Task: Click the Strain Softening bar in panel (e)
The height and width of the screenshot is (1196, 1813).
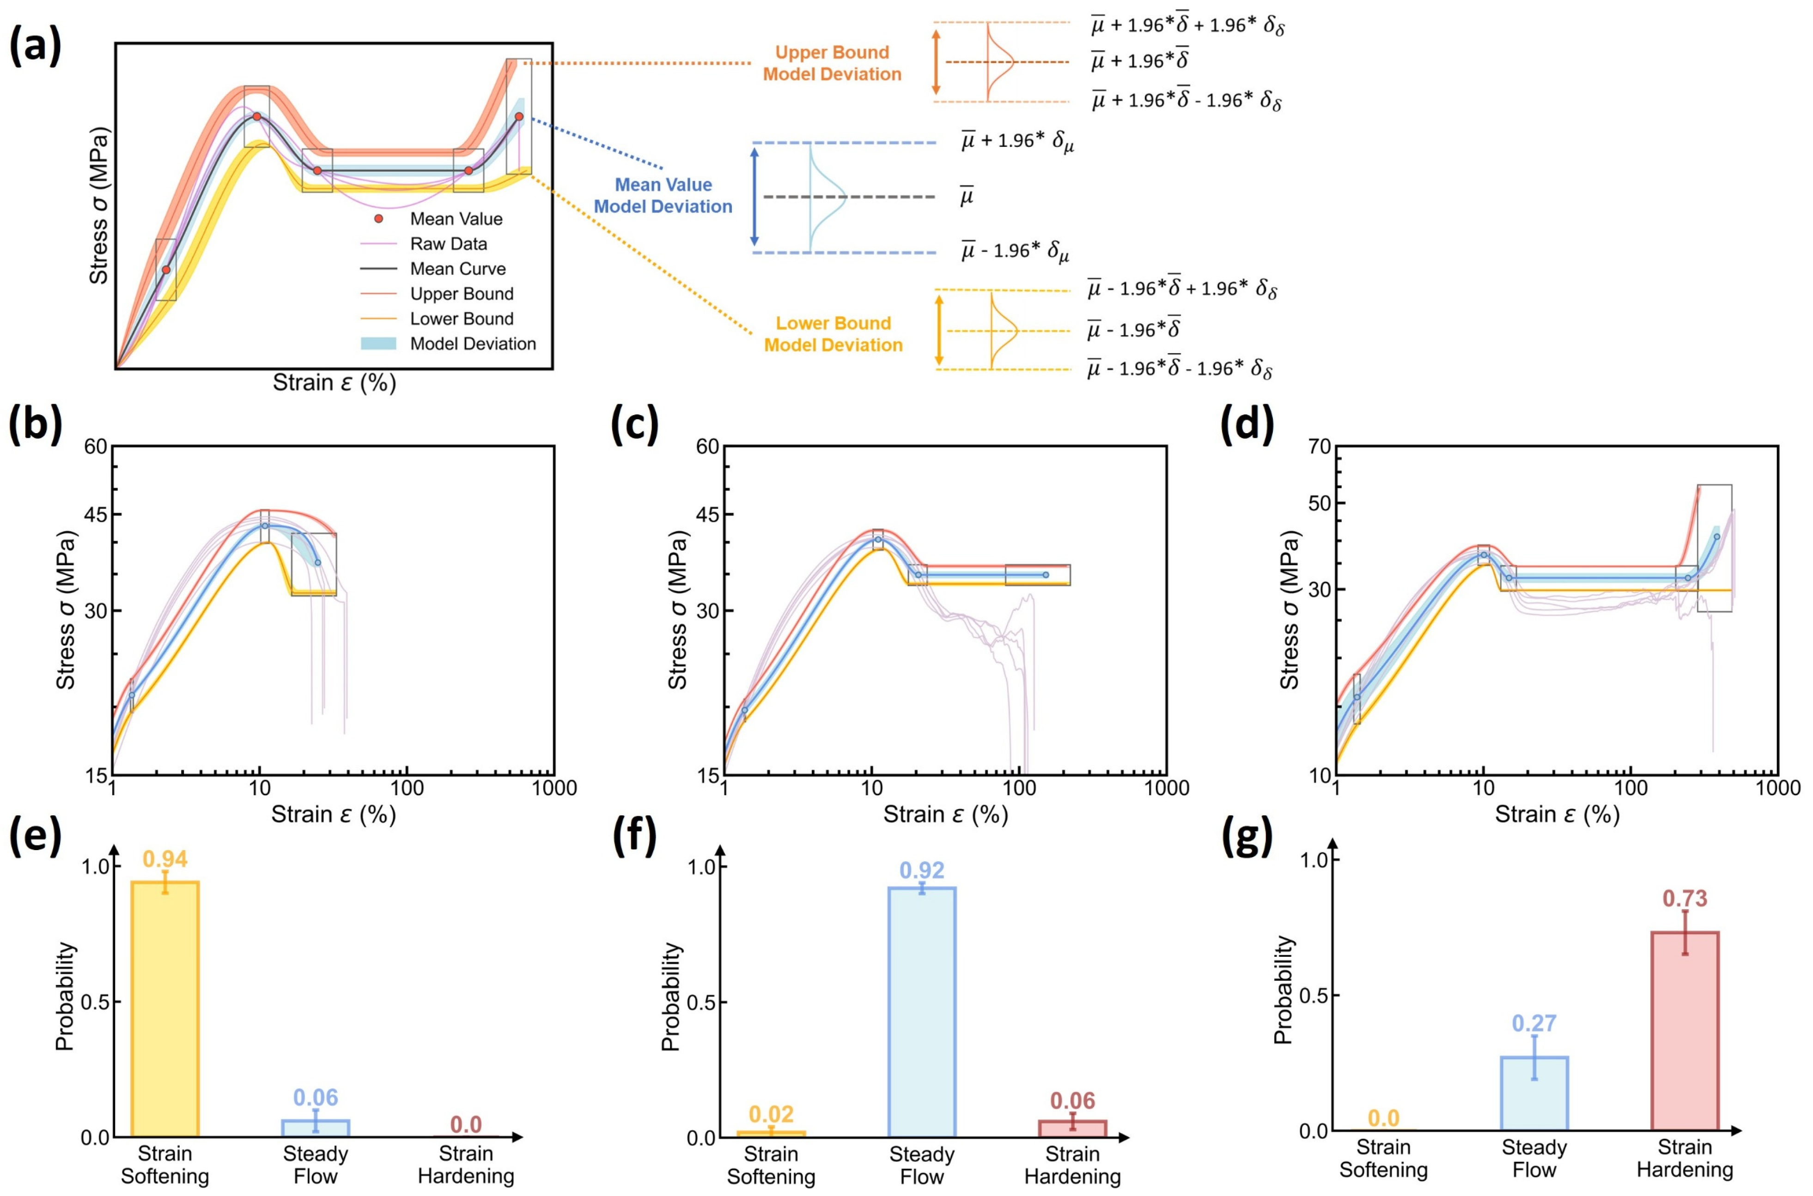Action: [165, 1009]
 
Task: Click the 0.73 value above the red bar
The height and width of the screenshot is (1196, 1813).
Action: [1685, 899]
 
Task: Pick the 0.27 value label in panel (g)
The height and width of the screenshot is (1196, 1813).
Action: [1534, 1023]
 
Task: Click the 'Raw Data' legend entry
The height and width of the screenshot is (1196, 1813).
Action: [448, 244]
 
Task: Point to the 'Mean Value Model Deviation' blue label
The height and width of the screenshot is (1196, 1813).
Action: [663, 195]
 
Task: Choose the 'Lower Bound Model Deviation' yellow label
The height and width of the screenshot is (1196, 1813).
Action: [833, 334]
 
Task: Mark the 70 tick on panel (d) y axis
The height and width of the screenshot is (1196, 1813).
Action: [1319, 447]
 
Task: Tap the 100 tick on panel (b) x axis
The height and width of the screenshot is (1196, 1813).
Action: [407, 788]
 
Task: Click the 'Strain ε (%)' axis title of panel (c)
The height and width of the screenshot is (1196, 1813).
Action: [945, 815]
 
